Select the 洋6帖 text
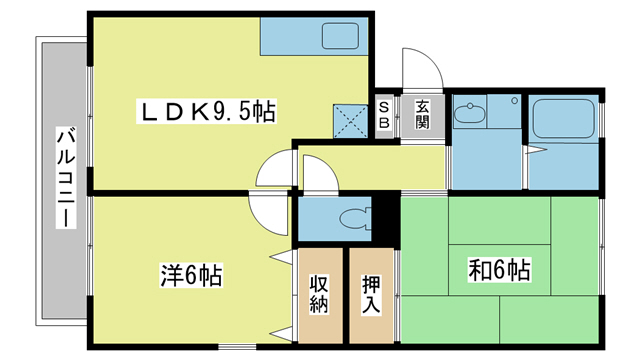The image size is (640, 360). coord(191,273)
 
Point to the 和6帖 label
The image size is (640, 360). coord(499,270)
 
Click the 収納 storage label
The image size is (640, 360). coord(319,294)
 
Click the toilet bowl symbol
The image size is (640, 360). coord(351,218)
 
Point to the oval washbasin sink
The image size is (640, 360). coord(470,113)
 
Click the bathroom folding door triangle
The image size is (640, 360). coord(534,150)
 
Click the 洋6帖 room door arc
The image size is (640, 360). coord(264,209)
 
